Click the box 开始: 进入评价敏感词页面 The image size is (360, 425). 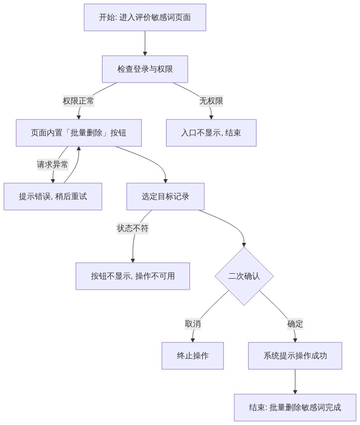[145, 17]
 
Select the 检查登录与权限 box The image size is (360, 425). [145, 69]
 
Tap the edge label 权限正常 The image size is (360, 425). [79, 101]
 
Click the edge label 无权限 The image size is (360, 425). [211, 101]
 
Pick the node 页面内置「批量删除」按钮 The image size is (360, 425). [79, 133]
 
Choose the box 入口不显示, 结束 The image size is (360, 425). [211, 133]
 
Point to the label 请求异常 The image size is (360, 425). [53, 165]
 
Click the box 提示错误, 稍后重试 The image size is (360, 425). [53, 197]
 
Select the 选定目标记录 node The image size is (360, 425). [166, 197]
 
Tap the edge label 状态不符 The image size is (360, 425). [133, 228]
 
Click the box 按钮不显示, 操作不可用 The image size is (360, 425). [133, 276]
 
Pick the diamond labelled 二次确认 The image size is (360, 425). [244, 276]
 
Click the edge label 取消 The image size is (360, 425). [193, 324]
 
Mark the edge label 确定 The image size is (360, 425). [295, 324]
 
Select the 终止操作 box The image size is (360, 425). [192, 356]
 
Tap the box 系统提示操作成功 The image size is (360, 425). [295, 356]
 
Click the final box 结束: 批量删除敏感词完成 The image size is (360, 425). [295, 408]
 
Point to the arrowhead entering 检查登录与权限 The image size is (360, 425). [145, 54]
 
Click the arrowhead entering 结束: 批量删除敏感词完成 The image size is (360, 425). [295, 392]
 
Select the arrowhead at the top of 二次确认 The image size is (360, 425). [244, 245]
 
